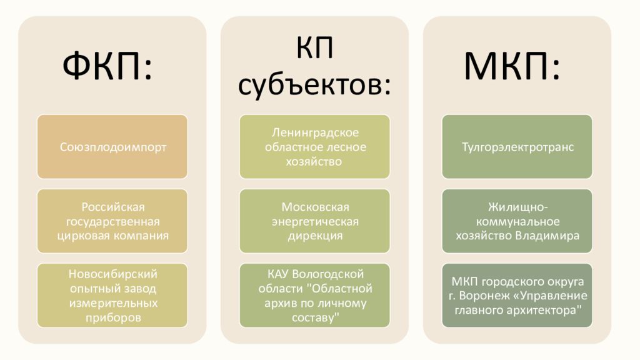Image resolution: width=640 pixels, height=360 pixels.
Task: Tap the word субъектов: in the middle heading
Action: (x=314, y=85)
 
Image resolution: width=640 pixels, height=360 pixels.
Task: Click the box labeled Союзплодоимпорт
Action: (x=112, y=146)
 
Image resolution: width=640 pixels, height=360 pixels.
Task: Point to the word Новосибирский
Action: (x=113, y=274)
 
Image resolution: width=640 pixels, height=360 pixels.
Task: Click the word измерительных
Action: (x=113, y=303)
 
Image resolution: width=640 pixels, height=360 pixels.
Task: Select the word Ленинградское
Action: (x=315, y=132)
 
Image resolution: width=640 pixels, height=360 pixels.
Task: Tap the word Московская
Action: (x=315, y=207)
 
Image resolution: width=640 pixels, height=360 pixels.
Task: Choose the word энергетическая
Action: (x=315, y=222)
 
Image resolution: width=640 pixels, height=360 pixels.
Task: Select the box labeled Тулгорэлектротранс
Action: (x=517, y=146)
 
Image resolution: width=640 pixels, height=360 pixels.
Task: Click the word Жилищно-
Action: (x=517, y=207)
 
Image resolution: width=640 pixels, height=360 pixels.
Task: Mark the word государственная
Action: (x=113, y=222)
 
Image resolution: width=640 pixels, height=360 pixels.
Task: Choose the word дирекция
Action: (x=315, y=236)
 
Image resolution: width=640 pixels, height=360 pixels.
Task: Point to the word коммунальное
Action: (x=517, y=222)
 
